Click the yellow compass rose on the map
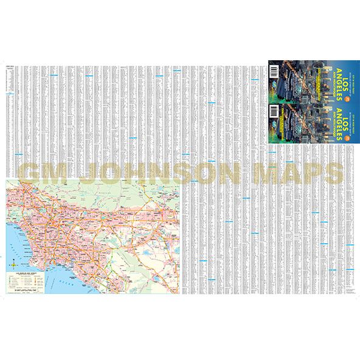(x=13, y=266)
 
